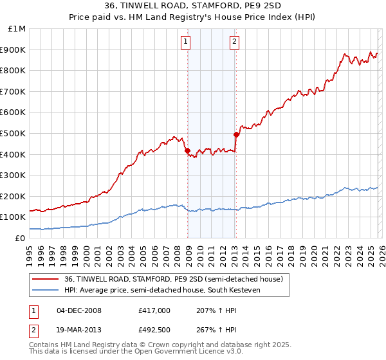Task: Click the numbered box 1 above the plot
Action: pyautogui.click(x=185, y=42)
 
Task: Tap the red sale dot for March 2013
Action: pyautogui.click(x=236, y=135)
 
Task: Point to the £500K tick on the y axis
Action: pyautogui.click(x=13, y=133)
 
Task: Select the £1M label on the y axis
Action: pyautogui.click(x=17, y=28)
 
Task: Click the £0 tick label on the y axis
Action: pyautogui.click(x=19, y=238)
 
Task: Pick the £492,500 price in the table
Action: pyautogui.click(x=154, y=330)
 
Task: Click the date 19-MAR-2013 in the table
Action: pyautogui.click(x=78, y=330)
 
